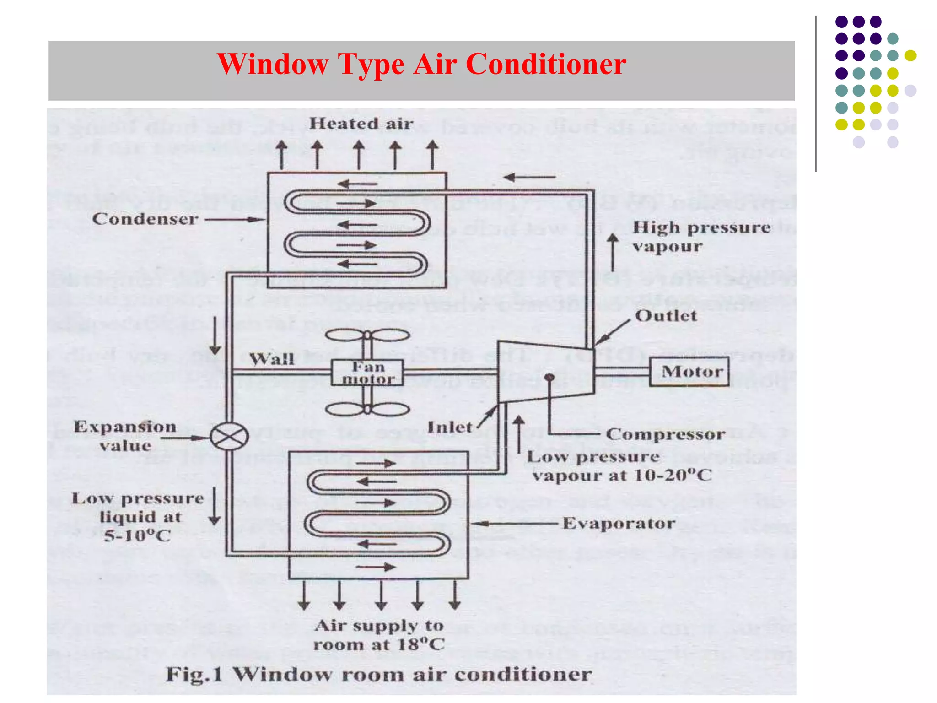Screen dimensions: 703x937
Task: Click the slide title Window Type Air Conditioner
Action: point(421,64)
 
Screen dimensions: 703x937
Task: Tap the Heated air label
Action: point(361,124)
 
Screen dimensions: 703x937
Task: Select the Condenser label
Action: point(145,219)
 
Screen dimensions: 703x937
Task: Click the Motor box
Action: point(689,371)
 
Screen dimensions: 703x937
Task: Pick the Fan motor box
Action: point(367,373)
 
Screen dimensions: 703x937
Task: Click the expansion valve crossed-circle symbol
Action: point(229,437)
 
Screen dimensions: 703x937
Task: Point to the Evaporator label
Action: point(619,523)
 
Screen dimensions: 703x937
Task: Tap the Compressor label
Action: point(666,434)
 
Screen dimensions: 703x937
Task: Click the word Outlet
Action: point(666,315)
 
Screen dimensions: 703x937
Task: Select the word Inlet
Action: point(449,427)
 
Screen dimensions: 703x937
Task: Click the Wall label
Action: point(271,359)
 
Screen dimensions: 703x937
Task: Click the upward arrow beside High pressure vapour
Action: point(613,252)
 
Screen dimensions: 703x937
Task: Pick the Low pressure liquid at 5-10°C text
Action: point(138,517)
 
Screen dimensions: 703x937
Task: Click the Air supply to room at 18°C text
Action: point(379,635)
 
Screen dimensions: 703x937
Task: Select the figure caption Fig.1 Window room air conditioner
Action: point(379,674)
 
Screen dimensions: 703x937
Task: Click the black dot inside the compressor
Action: point(549,377)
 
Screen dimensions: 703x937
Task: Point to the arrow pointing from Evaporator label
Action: point(515,523)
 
